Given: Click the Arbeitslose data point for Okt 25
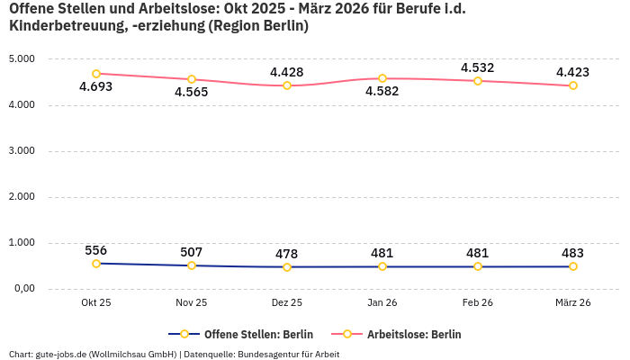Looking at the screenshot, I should point(96,74).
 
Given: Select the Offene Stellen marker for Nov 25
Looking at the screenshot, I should point(192,265).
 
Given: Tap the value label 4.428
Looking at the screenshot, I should point(287,72).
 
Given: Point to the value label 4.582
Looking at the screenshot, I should point(382,92).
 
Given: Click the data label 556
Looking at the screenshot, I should point(96,250).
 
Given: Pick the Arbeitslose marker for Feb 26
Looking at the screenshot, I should point(478,81).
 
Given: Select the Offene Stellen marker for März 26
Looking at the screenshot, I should point(573,266).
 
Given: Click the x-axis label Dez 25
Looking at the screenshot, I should point(287,303).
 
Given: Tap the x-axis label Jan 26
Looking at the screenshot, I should point(382,303).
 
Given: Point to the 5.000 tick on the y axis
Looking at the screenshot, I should point(21,59).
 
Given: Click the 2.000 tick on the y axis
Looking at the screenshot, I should point(21,197).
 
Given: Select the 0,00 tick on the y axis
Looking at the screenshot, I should point(22,289).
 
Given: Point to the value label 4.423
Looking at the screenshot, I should point(573,72).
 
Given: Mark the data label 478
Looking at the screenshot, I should point(287,254).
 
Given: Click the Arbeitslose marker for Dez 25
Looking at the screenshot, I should point(287,85).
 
